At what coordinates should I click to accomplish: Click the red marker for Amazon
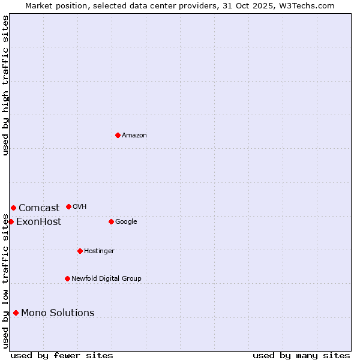coord(118,135)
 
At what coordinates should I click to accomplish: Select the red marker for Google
coord(111,221)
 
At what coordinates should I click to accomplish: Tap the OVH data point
coord(68,206)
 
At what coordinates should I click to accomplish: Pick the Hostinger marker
coord(80,251)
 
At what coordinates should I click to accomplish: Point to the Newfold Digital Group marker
coord(67,278)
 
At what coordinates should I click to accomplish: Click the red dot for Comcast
coord(13,208)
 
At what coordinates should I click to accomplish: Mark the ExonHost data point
coord(11,221)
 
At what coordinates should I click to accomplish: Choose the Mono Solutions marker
coord(16,313)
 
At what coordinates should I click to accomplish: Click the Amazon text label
coord(134,136)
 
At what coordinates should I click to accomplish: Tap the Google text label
coord(126,222)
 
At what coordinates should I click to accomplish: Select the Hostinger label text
coord(99,251)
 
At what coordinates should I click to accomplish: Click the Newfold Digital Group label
coord(106,279)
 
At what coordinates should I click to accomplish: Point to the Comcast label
coord(39,208)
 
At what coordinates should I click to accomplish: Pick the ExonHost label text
coord(38,222)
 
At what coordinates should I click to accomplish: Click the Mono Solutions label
coord(58,313)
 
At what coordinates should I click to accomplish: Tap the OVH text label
coord(79,207)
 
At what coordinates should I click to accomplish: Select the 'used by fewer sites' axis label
coord(62,355)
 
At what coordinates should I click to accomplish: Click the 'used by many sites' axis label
coord(301,355)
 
